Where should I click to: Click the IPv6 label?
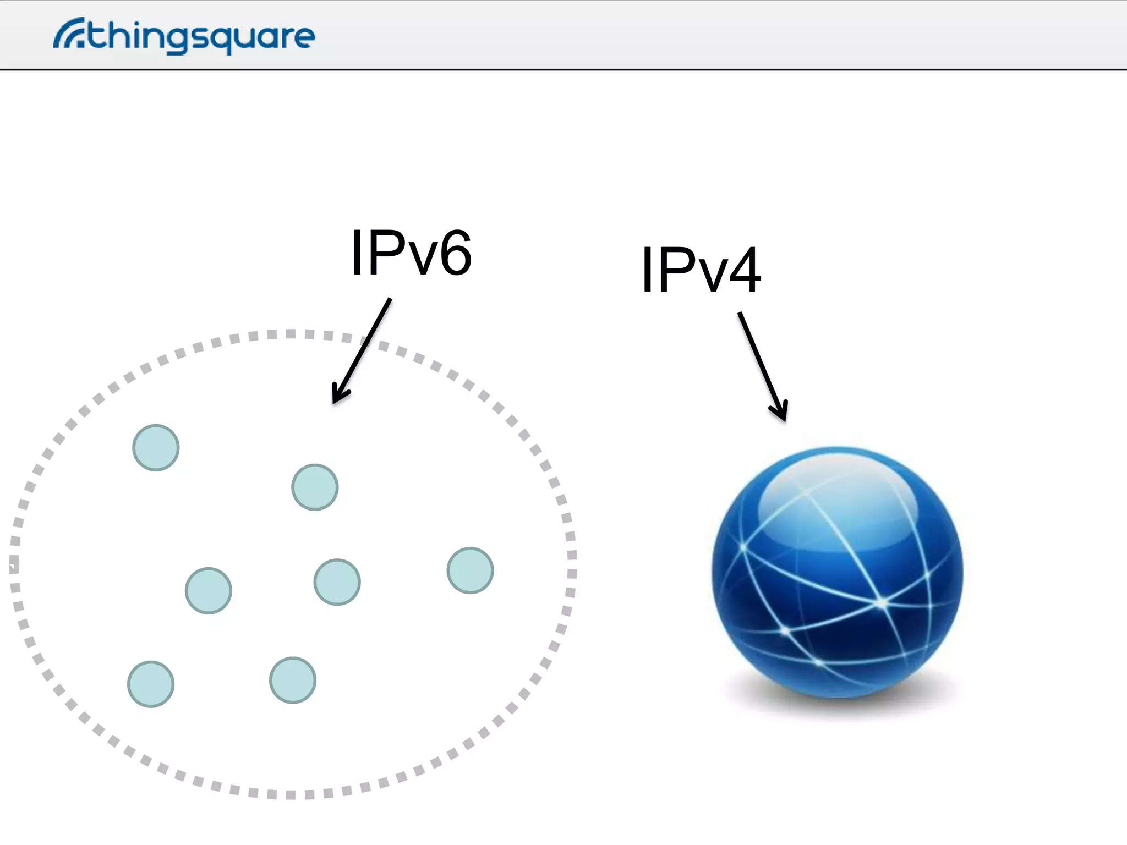tap(411, 253)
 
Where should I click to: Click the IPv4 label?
tap(701, 270)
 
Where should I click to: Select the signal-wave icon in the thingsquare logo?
tap(68, 34)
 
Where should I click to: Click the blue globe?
tap(837, 572)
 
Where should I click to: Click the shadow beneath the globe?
tap(837, 707)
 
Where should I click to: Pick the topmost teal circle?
tap(156, 447)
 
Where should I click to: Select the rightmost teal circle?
tap(470, 570)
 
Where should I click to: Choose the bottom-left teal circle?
tap(151, 684)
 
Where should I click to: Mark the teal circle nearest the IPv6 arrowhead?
tap(315, 487)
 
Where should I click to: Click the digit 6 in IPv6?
tap(456, 254)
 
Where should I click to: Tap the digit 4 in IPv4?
tap(744, 270)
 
